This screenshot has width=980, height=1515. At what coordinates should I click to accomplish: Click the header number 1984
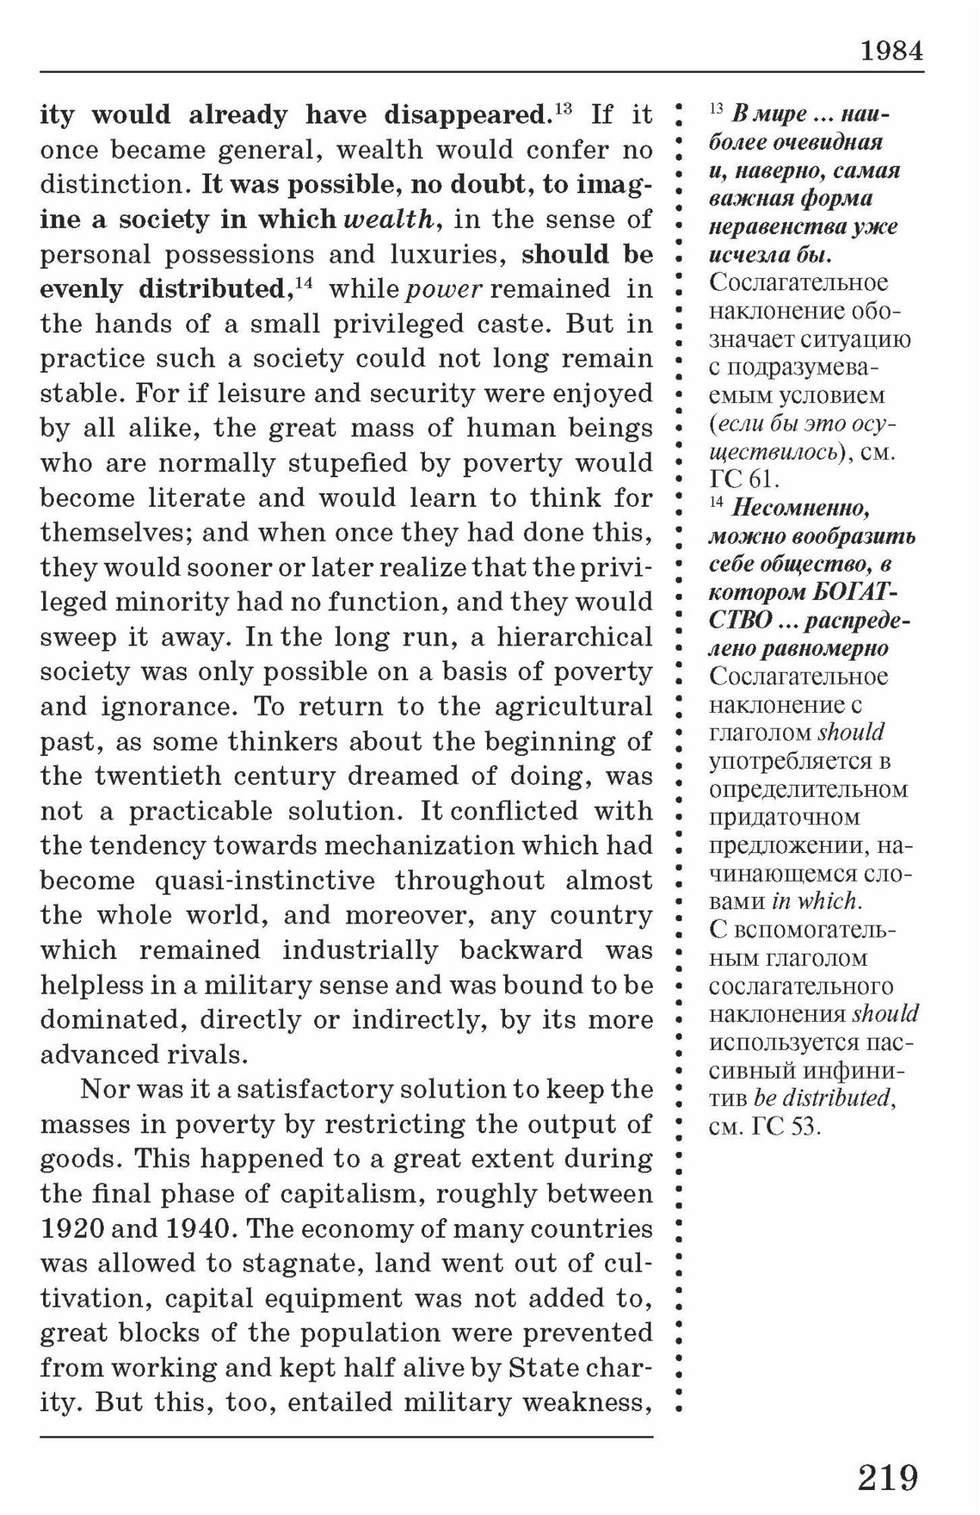point(891,51)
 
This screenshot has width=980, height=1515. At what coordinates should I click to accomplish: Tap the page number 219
point(888,1477)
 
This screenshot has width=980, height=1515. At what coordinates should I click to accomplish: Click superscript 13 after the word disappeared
point(563,108)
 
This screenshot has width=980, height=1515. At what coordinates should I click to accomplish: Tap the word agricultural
point(573,707)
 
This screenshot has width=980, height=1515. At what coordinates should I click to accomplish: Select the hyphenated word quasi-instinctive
point(264,881)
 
